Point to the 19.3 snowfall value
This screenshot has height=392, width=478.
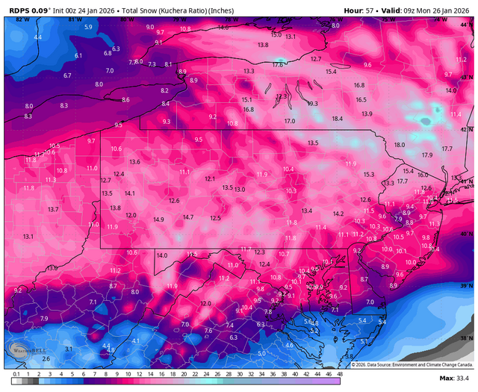click(312, 103)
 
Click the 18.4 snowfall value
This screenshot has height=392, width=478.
click(337, 118)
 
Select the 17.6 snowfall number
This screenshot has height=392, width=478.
click(279, 65)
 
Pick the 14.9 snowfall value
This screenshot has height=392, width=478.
click(158, 220)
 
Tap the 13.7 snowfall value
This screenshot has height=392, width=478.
click(53, 210)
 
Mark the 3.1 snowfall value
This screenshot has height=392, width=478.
click(69, 349)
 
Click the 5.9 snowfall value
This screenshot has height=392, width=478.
click(89, 27)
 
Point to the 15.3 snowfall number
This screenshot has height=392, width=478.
click(369, 174)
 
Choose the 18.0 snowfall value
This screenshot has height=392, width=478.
click(400, 144)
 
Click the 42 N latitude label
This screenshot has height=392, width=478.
click(467, 129)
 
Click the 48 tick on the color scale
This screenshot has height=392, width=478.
click(339, 373)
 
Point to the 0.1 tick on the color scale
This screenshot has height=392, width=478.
click(16, 373)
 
